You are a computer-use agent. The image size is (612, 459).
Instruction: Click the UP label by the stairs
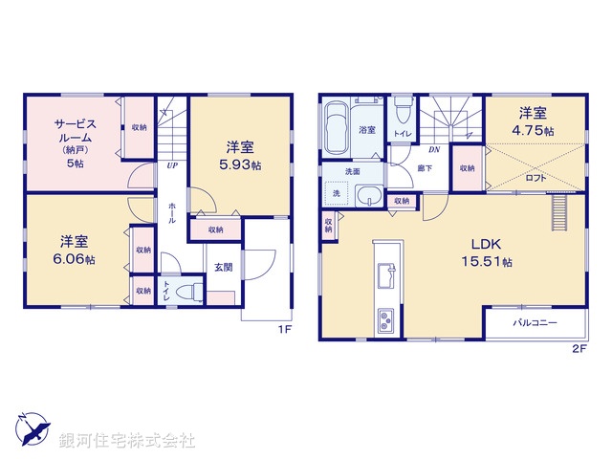[x=172, y=165]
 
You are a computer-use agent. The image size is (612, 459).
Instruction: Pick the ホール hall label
[x=172, y=213]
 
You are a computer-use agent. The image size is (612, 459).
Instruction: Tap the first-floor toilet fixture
[x=189, y=290]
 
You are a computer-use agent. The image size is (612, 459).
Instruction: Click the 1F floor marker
[x=284, y=330]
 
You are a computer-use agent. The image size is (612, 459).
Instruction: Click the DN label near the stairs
[x=433, y=150]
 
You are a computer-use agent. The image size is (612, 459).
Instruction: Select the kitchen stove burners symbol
[x=387, y=319]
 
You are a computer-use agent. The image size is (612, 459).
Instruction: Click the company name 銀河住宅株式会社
[x=127, y=441]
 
